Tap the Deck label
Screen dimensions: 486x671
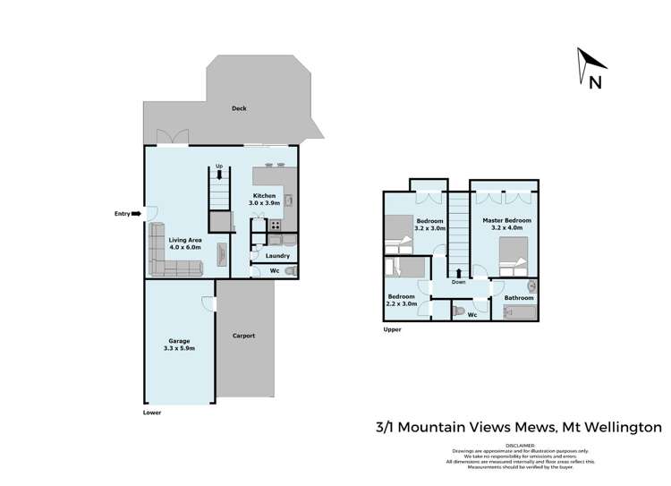click(239, 108)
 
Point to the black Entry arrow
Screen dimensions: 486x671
click(136, 214)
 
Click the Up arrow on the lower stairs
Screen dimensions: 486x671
click(219, 175)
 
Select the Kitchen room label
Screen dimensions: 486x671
click(264, 200)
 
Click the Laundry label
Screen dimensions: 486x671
click(277, 256)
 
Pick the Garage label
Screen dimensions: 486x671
click(180, 345)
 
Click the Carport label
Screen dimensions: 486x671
click(244, 336)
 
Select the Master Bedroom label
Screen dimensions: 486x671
click(506, 224)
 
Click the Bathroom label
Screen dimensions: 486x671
click(519, 298)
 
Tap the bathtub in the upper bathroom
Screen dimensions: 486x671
click(519, 312)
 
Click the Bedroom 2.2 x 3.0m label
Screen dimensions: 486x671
click(401, 300)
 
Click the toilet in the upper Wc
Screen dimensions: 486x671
click(458, 311)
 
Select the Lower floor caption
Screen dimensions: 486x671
click(153, 413)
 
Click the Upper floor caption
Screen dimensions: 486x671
click(391, 329)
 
